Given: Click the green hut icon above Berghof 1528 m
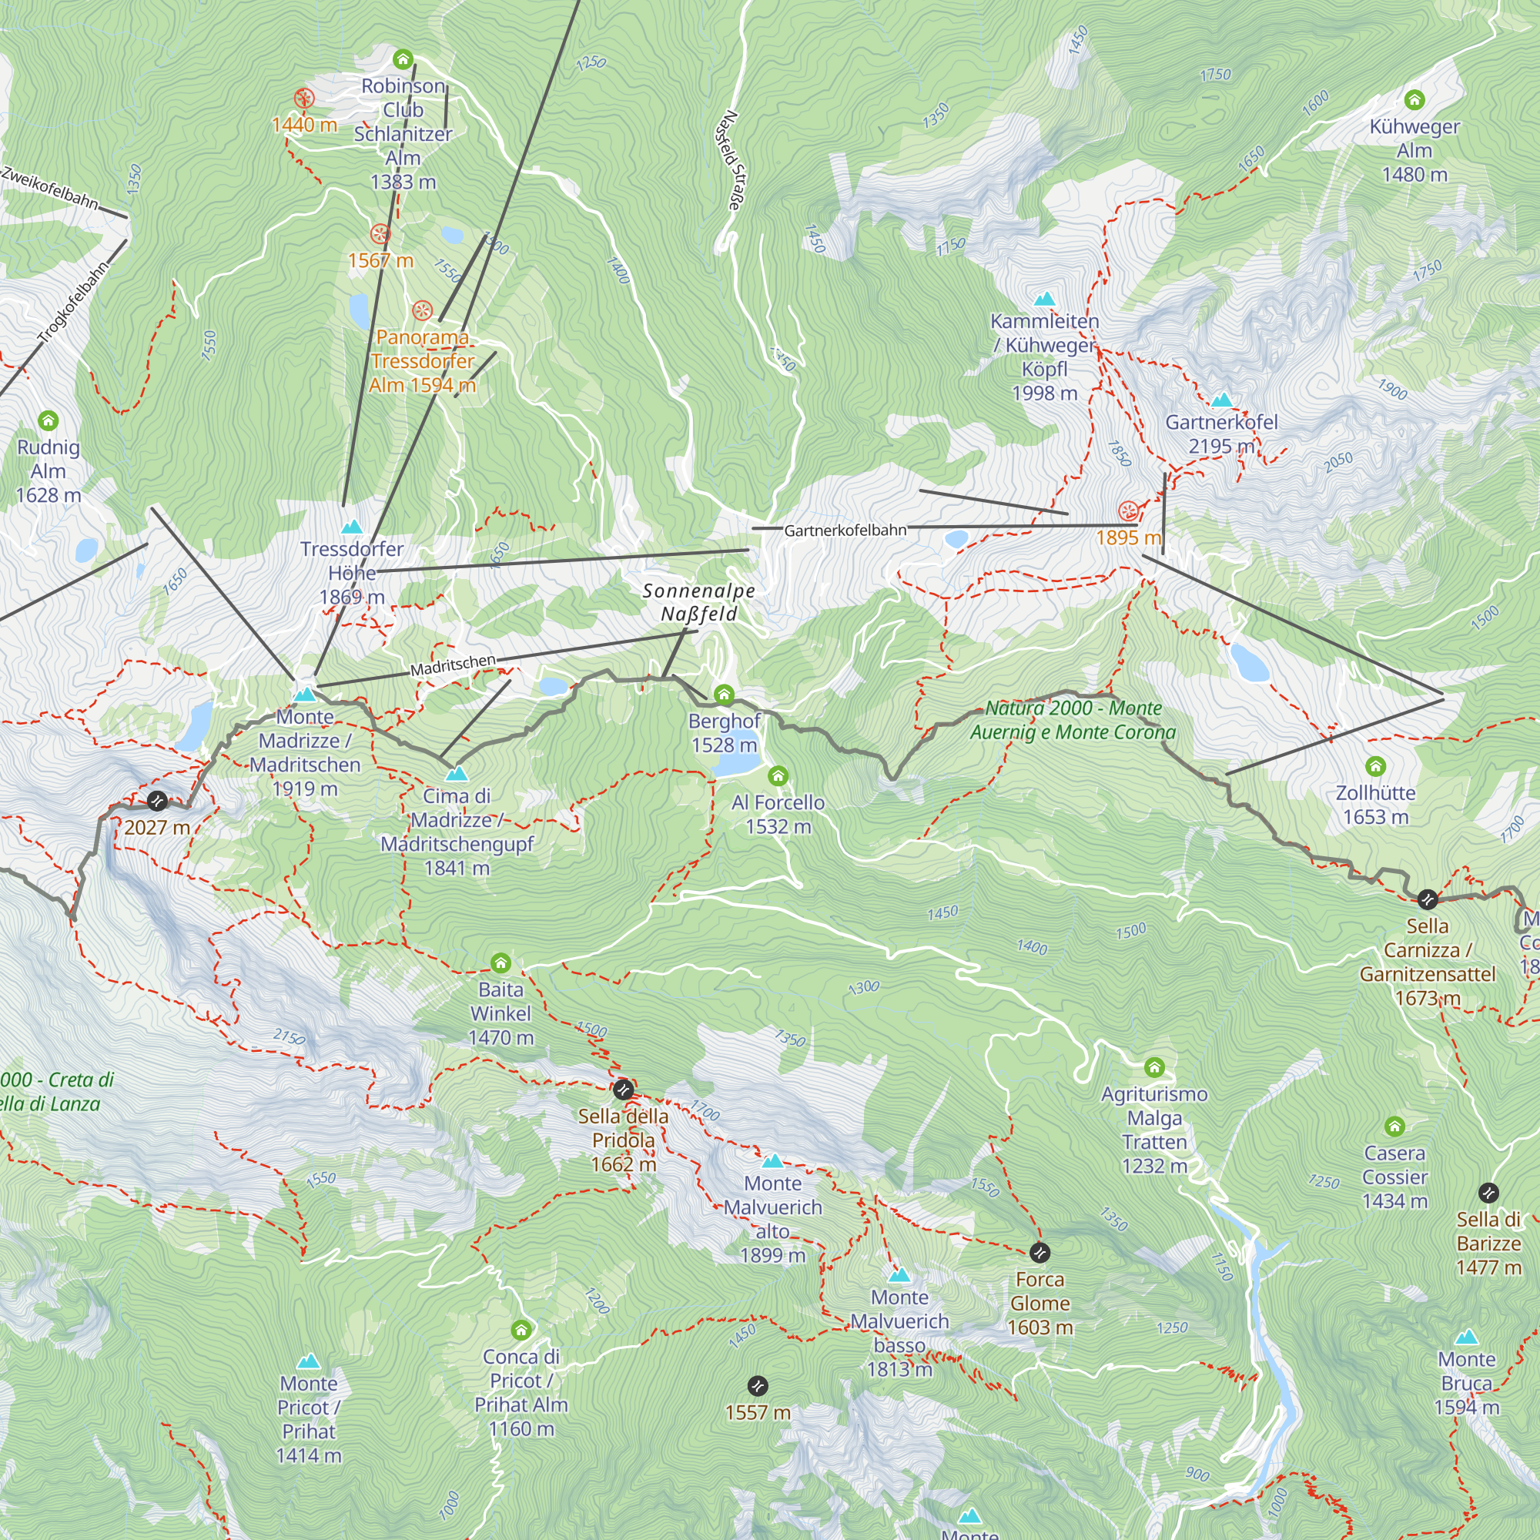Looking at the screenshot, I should (724, 695).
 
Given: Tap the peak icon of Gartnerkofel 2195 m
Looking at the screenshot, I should (1221, 400).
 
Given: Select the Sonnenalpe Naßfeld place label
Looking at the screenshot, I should (698, 602).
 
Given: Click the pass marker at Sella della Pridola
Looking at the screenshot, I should (624, 1089).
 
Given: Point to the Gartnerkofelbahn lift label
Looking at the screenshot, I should (845, 530).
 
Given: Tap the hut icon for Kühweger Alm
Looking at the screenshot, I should (1414, 99).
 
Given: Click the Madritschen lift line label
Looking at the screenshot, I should (453, 665).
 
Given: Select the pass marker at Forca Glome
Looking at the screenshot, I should (1039, 1253).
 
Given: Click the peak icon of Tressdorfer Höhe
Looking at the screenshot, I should (352, 527).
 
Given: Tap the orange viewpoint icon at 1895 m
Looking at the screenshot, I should (1128, 511).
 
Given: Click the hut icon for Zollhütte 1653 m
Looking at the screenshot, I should (1376, 767).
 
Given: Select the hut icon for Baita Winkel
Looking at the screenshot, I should (500, 964).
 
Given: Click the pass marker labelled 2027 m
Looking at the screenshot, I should (157, 801).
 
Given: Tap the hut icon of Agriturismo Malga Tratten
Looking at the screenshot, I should (1154, 1067).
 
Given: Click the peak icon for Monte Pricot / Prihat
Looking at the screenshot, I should (309, 1361).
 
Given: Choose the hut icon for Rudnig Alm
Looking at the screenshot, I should (49, 421).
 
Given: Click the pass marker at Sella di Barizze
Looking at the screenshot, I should (1488, 1193).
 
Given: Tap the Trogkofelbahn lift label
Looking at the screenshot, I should (73, 303).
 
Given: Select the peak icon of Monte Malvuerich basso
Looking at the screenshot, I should (899, 1275).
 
